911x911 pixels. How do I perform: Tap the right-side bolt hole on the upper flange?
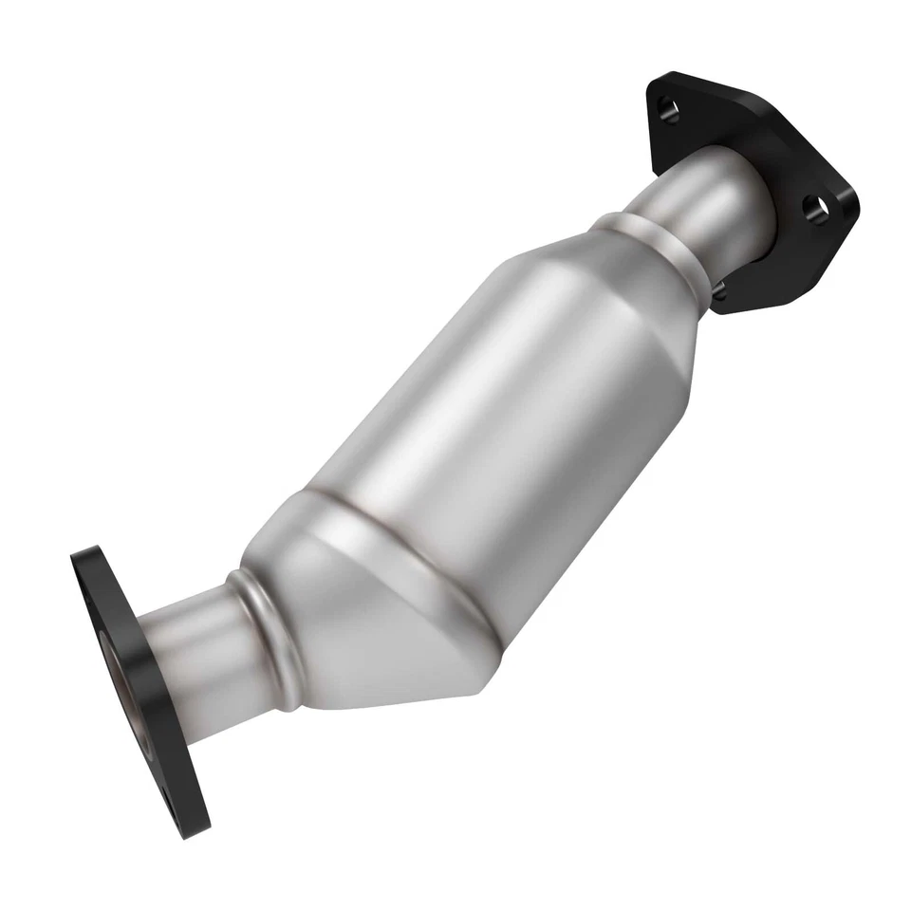tap(814, 206)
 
